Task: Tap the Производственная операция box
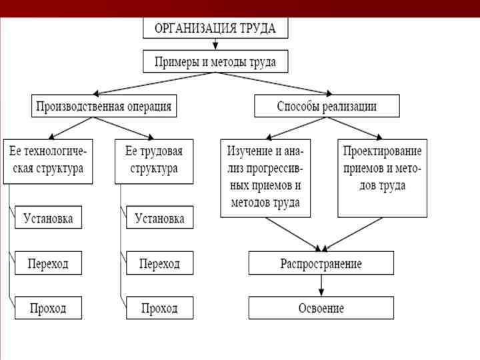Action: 103,106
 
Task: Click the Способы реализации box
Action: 327,106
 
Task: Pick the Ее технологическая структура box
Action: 48,161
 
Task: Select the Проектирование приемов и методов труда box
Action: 382,177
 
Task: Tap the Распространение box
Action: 321,263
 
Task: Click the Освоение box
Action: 321,308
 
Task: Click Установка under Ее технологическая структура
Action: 48,217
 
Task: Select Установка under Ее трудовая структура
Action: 159,217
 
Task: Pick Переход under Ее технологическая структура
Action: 48,263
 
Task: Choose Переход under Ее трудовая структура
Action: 159,263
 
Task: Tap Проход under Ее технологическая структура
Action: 48,308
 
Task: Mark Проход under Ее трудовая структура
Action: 159,308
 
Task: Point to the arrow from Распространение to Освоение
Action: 321,285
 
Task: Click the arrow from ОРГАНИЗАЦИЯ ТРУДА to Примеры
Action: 215,45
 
